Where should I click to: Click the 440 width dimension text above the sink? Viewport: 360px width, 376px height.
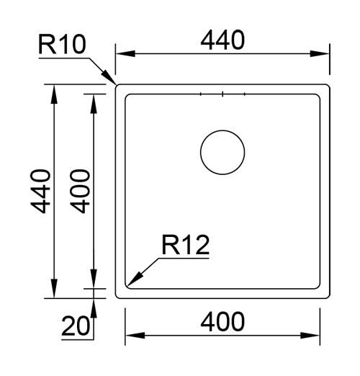[222, 40]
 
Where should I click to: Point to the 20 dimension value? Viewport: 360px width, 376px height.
[75, 327]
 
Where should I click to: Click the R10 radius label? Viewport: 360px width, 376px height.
[63, 45]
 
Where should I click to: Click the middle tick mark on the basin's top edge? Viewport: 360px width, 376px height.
[222, 94]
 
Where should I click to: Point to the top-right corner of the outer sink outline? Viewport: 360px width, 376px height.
[328, 86]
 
